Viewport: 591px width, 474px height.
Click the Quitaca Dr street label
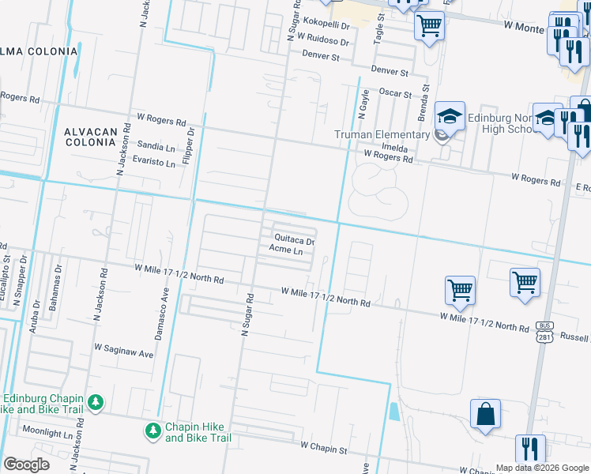point(294,239)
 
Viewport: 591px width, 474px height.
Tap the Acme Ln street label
point(286,250)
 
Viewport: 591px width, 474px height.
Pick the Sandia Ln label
point(156,147)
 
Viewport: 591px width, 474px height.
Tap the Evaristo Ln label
point(155,162)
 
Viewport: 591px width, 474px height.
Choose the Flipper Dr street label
point(190,152)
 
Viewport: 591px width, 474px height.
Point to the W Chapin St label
point(324,448)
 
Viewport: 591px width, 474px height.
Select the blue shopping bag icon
point(485,413)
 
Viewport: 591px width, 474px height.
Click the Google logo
point(26,465)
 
